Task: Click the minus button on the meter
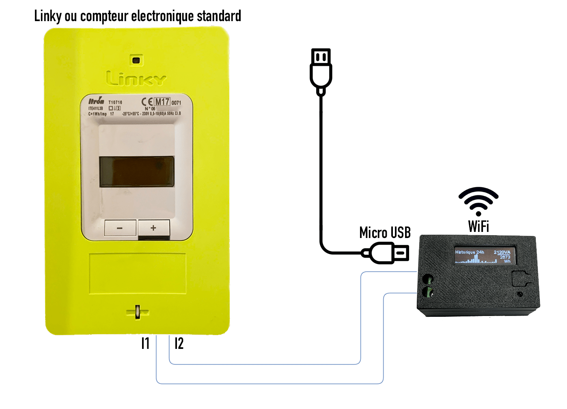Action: point(120,228)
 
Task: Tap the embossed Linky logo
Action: point(136,78)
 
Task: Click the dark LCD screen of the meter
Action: point(137,172)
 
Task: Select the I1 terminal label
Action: point(145,344)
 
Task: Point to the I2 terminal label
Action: point(179,344)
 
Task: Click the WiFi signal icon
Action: point(478,201)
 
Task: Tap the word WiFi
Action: point(479,227)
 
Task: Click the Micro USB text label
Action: point(385,233)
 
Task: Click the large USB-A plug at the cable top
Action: point(321,69)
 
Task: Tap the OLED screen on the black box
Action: point(484,255)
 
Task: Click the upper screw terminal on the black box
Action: point(428,279)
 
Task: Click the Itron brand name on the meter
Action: point(96,101)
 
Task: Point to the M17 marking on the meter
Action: point(162,102)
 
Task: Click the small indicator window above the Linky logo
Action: point(136,61)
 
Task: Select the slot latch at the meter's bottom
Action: point(138,312)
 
